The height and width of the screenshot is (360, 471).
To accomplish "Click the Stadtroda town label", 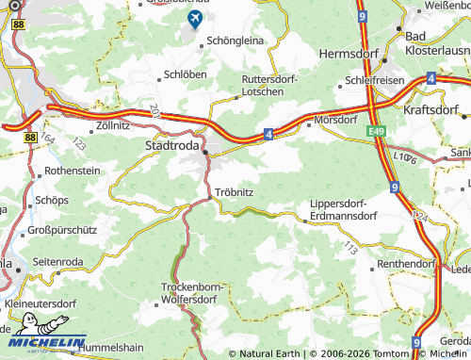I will pos(171,146).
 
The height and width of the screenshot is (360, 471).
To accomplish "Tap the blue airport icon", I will pos(196,19).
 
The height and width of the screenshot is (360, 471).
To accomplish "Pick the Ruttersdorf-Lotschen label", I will pos(269,85).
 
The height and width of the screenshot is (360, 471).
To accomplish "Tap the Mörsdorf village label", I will pos(336,121).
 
